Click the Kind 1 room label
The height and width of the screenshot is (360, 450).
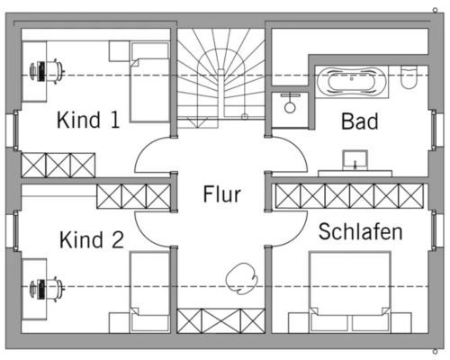[x=88, y=120]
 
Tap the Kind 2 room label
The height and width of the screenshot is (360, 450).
[x=92, y=239]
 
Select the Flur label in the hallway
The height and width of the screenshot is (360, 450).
[x=222, y=194]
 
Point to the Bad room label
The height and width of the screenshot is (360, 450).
[x=360, y=121]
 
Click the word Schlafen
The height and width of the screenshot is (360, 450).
[x=360, y=231]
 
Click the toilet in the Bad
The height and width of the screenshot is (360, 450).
[x=409, y=77]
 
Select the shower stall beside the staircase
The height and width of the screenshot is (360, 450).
[x=290, y=110]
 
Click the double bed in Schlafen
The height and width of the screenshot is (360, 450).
[x=350, y=292]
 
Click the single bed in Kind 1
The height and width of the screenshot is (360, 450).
[x=149, y=82]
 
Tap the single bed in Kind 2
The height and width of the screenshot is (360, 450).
[x=149, y=292]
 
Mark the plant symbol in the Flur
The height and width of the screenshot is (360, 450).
[x=242, y=278]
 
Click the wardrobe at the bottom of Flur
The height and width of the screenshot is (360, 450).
[x=220, y=321]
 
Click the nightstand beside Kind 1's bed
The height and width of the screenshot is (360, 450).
[x=119, y=51]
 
